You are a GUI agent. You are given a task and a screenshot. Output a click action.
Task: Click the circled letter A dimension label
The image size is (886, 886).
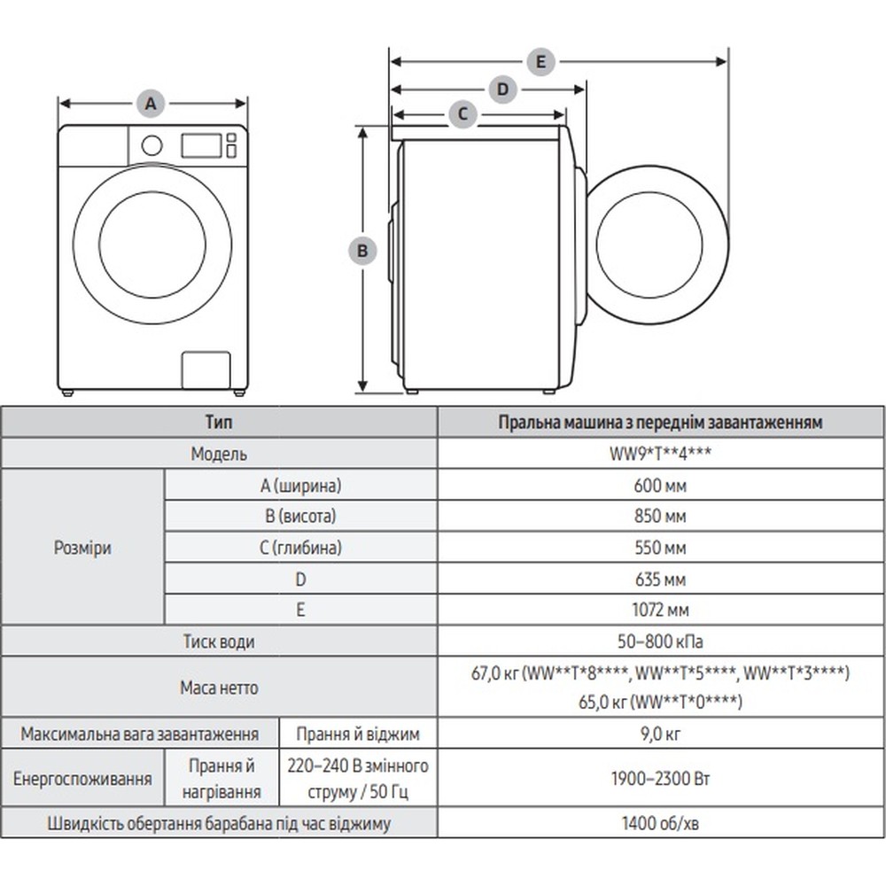[152, 103]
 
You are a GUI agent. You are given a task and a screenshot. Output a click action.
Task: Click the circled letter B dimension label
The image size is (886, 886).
[361, 251]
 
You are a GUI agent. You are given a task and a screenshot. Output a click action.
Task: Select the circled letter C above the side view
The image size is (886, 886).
[462, 113]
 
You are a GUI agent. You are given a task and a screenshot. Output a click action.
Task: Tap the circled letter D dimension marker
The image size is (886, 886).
[502, 89]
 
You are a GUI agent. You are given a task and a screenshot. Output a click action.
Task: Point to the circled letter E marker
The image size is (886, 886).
[540, 61]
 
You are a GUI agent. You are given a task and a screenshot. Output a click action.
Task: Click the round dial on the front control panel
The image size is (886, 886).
[152, 144]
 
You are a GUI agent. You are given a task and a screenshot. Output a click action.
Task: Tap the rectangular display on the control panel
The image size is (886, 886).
[200, 145]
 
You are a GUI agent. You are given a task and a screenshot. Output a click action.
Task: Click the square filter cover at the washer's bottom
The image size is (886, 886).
[206, 369]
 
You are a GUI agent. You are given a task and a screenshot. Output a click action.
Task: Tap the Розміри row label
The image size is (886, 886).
[82, 548]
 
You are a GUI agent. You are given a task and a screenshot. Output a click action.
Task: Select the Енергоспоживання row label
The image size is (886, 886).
[82, 779]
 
